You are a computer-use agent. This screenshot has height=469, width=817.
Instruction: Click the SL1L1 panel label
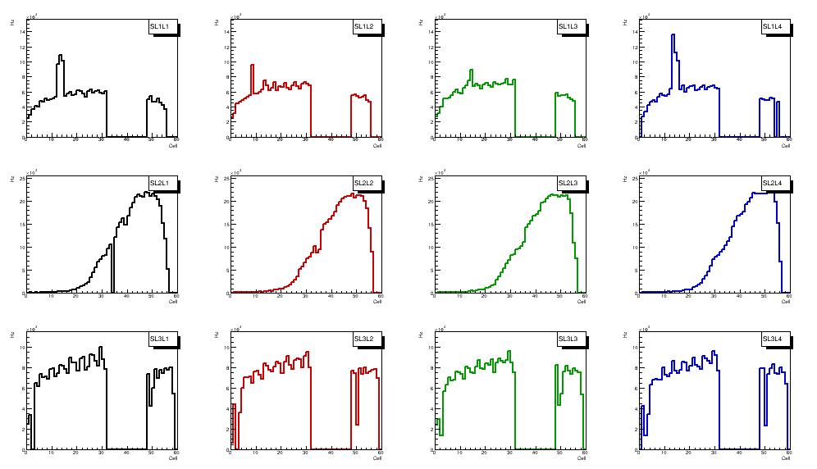(x=160, y=27)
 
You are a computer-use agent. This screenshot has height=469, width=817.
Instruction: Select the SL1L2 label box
(x=364, y=27)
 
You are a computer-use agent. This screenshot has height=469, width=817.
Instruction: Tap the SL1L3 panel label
(x=568, y=27)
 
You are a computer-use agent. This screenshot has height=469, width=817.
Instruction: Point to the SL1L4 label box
(x=773, y=27)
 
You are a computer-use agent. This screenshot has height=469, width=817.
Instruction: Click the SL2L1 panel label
(x=160, y=183)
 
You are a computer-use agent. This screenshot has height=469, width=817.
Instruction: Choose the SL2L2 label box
(x=364, y=183)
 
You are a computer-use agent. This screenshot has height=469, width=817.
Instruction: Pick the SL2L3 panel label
(x=568, y=183)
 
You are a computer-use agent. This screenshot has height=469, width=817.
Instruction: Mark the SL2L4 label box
(x=773, y=183)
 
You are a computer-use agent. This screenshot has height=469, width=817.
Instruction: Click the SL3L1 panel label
(x=160, y=339)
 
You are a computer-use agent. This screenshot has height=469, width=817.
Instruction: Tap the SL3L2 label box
(x=364, y=339)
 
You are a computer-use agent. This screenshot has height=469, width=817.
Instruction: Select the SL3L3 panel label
(x=568, y=339)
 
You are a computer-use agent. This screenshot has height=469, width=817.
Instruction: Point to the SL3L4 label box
(x=773, y=339)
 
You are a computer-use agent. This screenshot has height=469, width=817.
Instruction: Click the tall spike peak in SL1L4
(x=673, y=35)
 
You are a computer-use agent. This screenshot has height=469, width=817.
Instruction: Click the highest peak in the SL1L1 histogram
(x=60, y=56)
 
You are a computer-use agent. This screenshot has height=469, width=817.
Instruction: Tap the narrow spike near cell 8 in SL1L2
(x=253, y=66)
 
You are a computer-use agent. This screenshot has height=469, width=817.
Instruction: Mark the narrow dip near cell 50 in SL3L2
(x=357, y=422)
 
